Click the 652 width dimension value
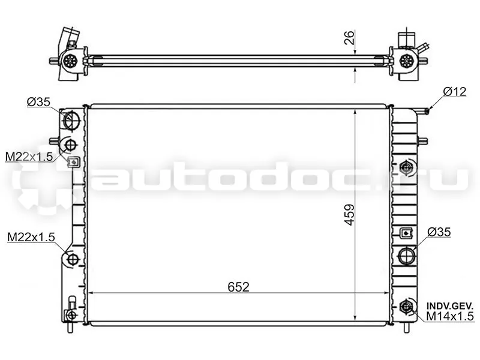tap(238, 287)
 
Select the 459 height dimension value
tap(349, 215)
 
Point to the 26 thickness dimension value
tap(349, 38)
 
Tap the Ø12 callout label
tap(455, 92)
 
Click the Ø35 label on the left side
tap(38, 101)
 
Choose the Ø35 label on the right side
tap(439, 232)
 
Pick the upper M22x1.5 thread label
tap(29, 157)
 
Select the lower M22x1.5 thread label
tap(31, 236)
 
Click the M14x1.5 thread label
tap(449, 316)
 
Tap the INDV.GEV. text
tap(449, 306)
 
